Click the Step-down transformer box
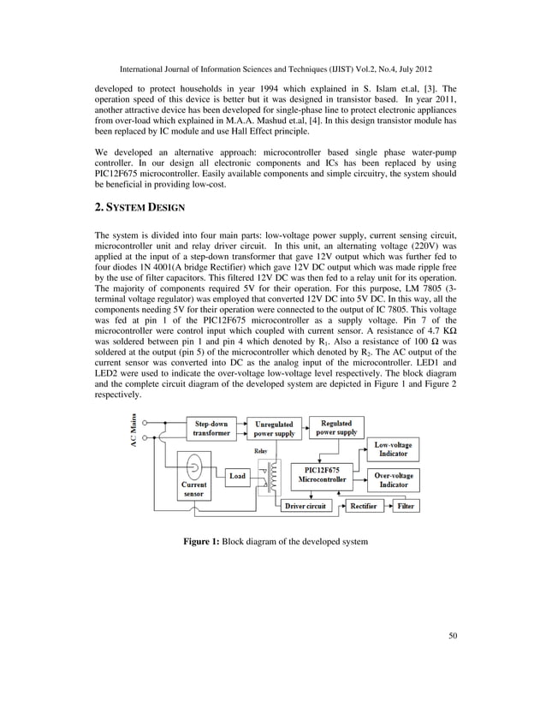tap(211, 428)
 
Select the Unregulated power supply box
tap(274, 428)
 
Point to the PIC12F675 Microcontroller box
tap(316, 475)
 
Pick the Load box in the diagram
tap(237, 476)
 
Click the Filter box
tap(406, 507)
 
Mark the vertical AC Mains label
tap(134, 435)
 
